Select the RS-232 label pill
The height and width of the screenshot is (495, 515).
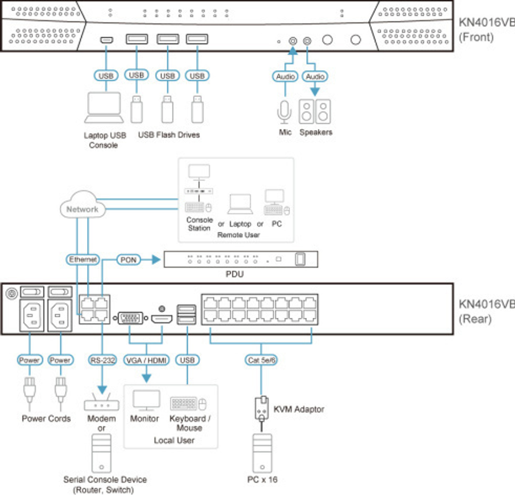point(102,360)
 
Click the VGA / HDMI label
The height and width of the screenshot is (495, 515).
point(147,360)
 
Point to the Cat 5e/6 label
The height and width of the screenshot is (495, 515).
point(262,360)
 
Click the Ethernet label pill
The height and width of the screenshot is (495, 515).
point(83,260)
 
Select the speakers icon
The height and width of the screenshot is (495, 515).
point(315,111)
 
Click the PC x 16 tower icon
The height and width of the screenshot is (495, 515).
point(262,453)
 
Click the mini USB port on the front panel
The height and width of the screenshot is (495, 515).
point(107,40)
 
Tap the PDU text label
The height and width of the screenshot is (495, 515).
point(234,274)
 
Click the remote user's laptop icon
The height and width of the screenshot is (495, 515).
point(241,204)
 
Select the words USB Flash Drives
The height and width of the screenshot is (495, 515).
point(169,135)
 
